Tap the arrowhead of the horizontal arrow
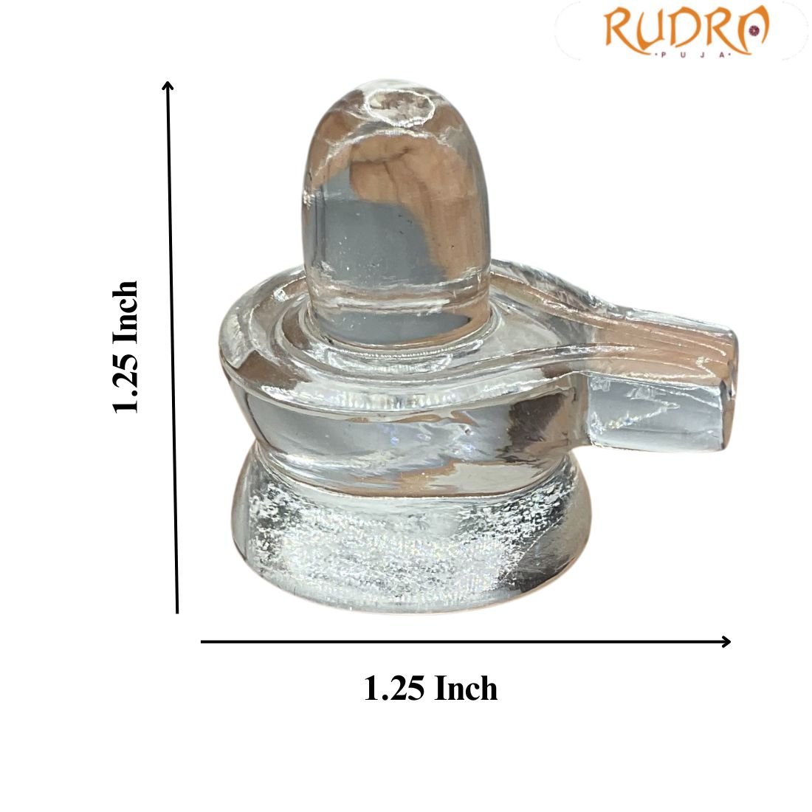726,641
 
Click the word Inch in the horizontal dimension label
465,689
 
